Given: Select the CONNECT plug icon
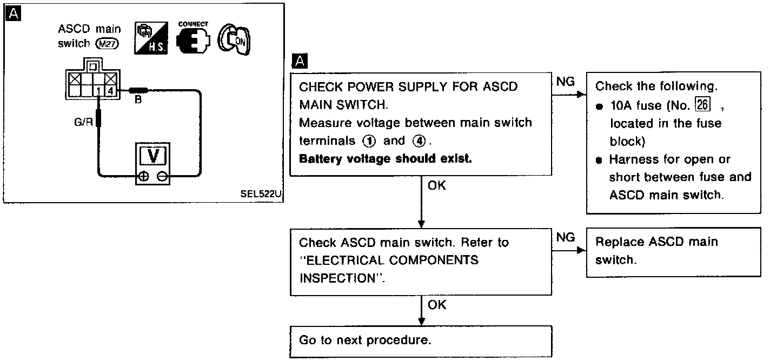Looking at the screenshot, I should tap(192, 41).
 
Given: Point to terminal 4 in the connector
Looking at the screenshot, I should tap(110, 91).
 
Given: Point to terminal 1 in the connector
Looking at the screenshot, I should tap(99, 91).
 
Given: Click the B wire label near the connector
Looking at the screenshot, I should tap(138, 100).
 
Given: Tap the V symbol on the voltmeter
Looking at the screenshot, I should tap(154, 156).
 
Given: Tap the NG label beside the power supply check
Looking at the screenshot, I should tap(565, 82).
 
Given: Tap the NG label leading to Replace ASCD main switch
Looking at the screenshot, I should tap(565, 237).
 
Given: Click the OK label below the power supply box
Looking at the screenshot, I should tap(437, 185).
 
